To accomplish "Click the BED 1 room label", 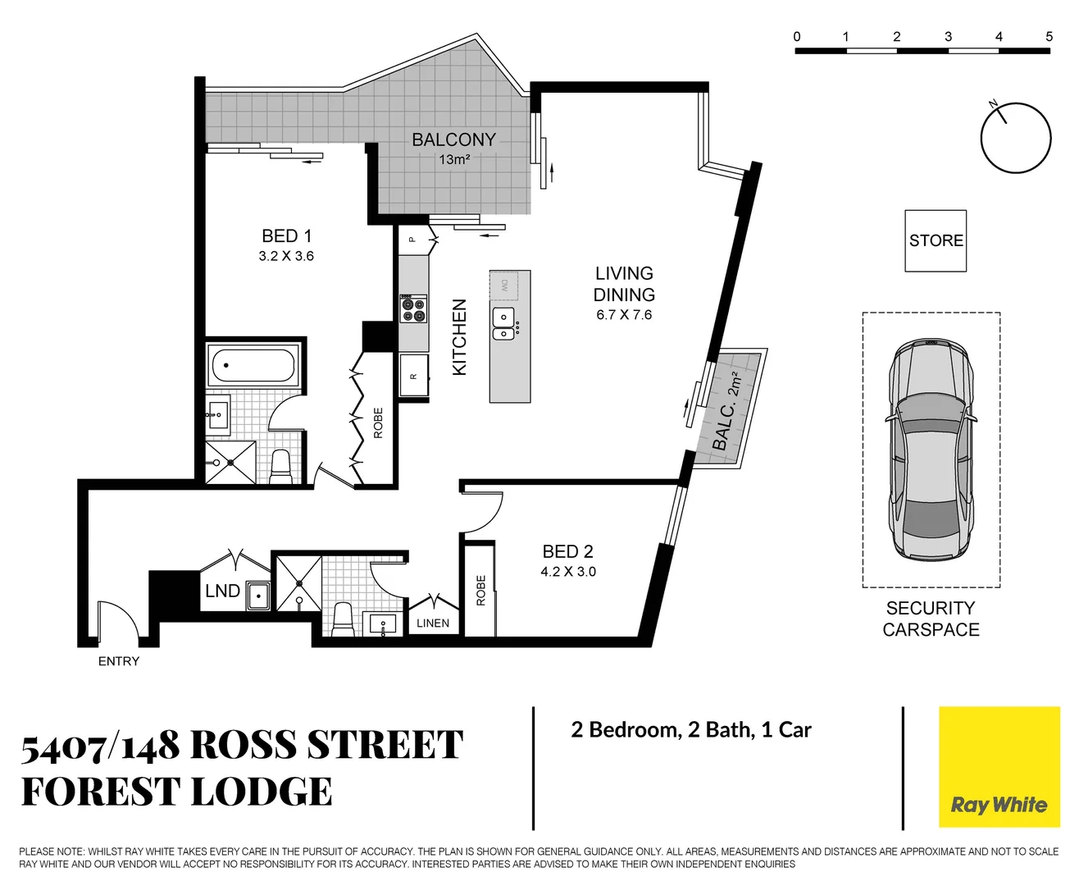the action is [286, 236].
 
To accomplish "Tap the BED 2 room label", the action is [567, 552].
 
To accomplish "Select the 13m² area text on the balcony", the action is [454, 160].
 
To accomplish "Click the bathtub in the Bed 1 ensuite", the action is [253, 365].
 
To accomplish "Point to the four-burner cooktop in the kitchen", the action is [413, 308].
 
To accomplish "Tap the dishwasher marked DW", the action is [504, 285].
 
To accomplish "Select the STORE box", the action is [936, 240].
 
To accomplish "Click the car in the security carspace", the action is [931, 450].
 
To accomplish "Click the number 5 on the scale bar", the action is [1049, 37].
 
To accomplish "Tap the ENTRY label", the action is [119, 661].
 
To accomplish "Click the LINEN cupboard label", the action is [433, 623].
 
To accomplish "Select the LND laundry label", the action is [222, 591].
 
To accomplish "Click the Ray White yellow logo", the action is [999, 767].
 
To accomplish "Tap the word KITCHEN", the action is [459, 337].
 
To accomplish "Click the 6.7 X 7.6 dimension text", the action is [624, 315].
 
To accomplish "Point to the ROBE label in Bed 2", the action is [481, 591].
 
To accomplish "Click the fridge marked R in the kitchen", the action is [414, 375].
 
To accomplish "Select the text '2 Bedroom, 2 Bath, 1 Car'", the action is [691, 730].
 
